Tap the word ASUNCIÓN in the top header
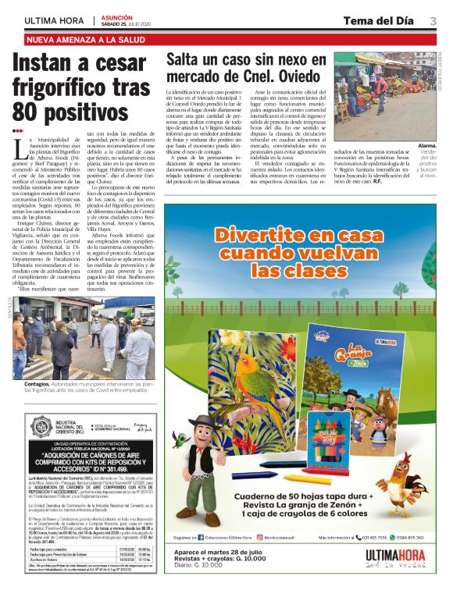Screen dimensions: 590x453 pos(116,16)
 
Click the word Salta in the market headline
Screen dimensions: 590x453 pos(187,59)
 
